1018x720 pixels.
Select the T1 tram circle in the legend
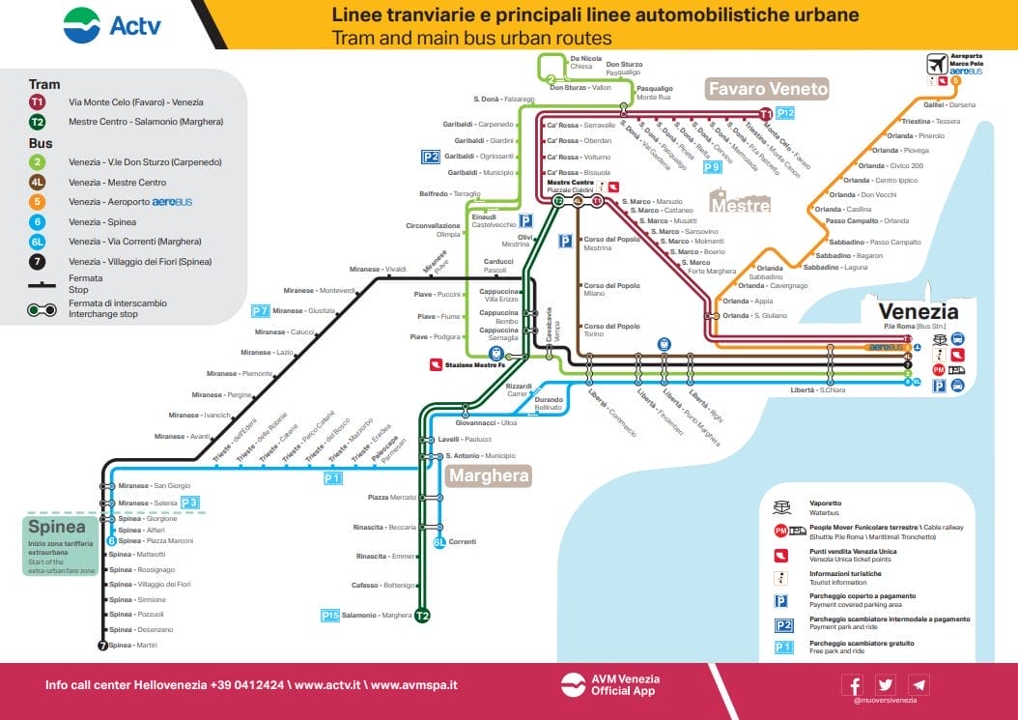[x=37, y=101]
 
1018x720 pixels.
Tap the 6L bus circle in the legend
[x=37, y=242]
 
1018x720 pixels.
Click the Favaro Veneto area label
[x=768, y=89]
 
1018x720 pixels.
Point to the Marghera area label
[x=489, y=475]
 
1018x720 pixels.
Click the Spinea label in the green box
[x=57, y=528]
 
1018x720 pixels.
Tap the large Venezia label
[x=918, y=311]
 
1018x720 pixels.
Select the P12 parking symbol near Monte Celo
[x=785, y=113]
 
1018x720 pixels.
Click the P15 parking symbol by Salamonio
[x=329, y=615]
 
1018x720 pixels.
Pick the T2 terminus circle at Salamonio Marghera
[x=422, y=615]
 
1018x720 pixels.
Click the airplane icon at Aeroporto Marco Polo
[x=936, y=65]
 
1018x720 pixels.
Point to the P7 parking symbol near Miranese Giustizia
[x=260, y=311]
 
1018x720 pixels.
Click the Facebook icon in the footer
[x=853, y=684]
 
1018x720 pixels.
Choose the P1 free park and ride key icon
[x=783, y=647]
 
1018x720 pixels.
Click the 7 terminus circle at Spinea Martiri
[x=103, y=646]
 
